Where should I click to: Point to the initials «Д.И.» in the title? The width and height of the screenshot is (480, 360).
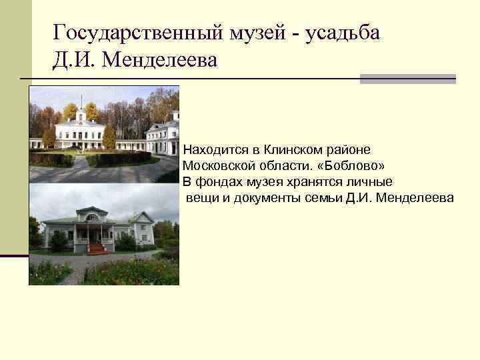[x=75, y=61]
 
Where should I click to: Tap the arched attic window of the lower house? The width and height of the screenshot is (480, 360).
[x=92, y=217]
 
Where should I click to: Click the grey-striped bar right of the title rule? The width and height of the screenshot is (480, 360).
[x=407, y=79]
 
